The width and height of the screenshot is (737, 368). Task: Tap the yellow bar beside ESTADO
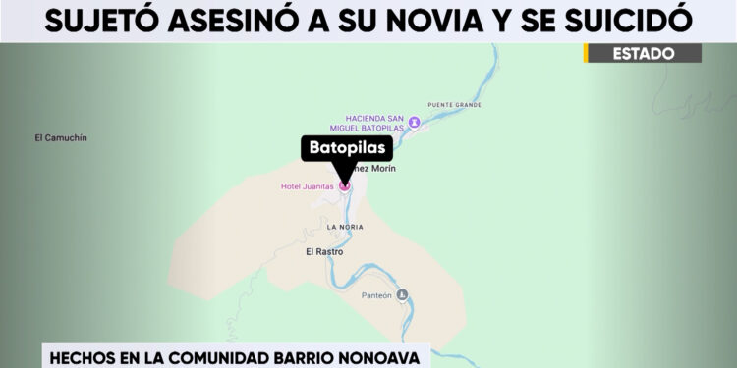586,54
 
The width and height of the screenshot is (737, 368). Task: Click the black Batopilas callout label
346,149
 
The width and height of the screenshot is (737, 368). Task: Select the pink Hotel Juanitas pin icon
344,184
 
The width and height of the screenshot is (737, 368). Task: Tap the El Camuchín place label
61,138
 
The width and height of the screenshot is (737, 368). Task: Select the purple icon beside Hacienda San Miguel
414,122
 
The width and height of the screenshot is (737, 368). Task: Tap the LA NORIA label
345,227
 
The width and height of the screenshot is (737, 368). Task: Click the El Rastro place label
324,251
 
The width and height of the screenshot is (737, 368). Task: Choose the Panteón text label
376,295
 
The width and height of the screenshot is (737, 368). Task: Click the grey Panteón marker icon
401,295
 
